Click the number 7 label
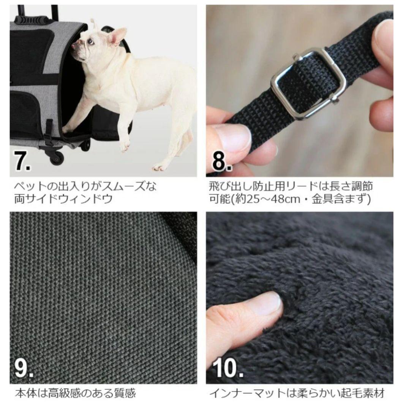point(22,161)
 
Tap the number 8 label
point(221,161)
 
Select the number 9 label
point(24,368)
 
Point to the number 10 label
point(228,368)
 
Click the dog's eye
point(90,41)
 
